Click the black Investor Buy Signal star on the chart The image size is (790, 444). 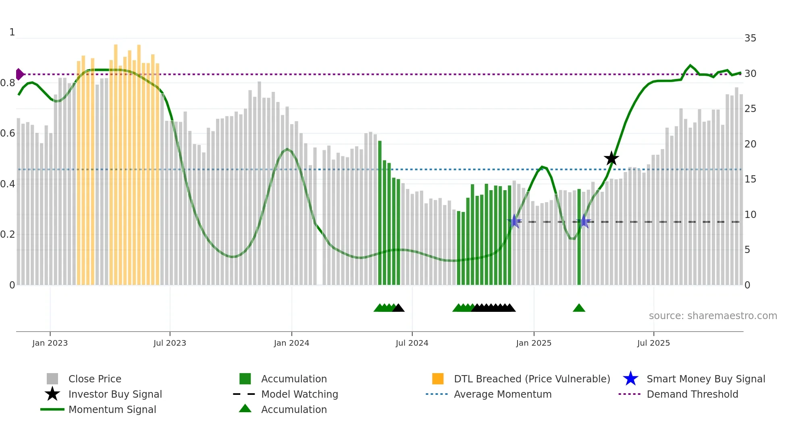(x=611, y=158)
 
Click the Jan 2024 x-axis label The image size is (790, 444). (x=291, y=343)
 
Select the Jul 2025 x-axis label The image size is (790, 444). (x=653, y=343)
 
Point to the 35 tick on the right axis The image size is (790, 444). (x=750, y=38)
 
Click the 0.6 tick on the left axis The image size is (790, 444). (x=8, y=133)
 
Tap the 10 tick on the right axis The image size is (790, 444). (x=750, y=215)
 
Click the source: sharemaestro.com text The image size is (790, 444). (x=713, y=316)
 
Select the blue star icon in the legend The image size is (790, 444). (x=630, y=379)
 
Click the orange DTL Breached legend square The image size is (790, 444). (x=438, y=379)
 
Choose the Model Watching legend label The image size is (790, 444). (x=299, y=394)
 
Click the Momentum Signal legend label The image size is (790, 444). (x=112, y=409)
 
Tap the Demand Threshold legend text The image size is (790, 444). (x=692, y=394)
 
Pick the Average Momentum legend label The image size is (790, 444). (x=503, y=394)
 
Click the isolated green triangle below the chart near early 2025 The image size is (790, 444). (x=579, y=308)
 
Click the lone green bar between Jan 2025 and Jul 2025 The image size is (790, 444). (x=579, y=238)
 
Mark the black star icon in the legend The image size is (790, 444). (x=52, y=394)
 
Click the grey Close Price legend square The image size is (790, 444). (x=52, y=379)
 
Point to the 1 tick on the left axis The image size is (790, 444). (x=12, y=32)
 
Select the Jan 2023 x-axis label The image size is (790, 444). (x=50, y=343)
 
